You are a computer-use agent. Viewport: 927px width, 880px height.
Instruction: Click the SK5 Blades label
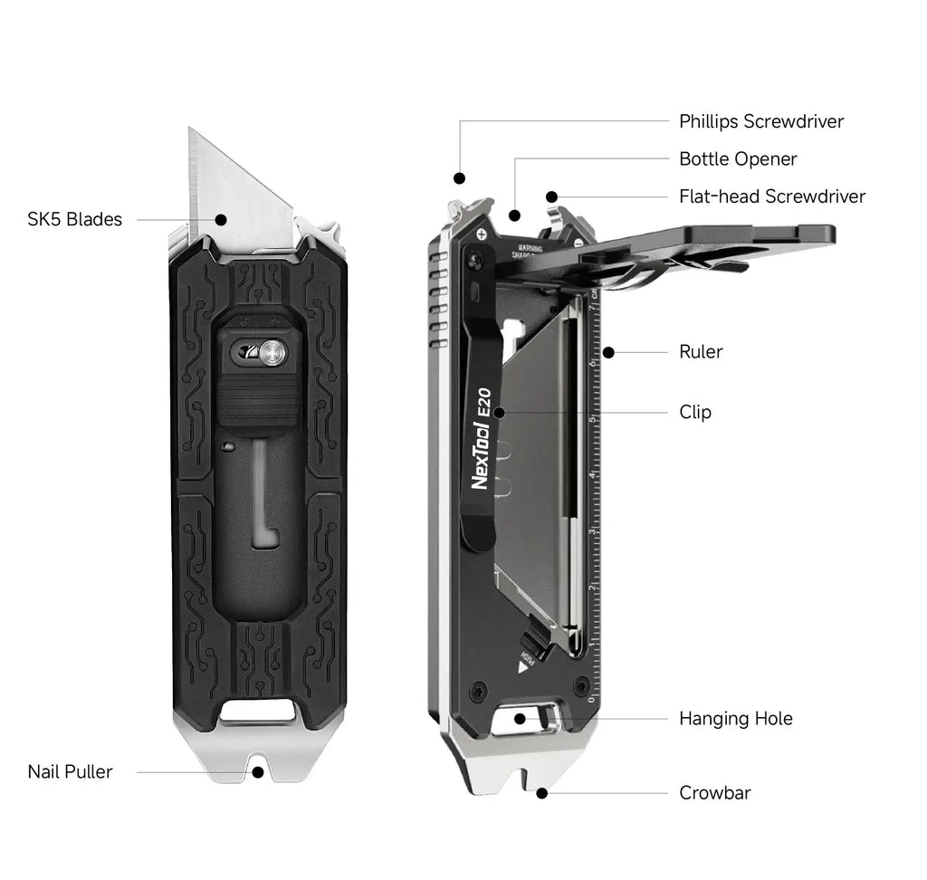[74, 219]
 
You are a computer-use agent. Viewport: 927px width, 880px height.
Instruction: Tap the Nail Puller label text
[70, 771]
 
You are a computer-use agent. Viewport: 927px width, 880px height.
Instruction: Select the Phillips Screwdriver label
[761, 121]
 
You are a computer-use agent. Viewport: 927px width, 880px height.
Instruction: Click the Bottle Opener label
[738, 159]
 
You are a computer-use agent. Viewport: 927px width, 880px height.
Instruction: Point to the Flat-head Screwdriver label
[772, 196]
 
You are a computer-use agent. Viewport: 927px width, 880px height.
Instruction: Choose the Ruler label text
[701, 351]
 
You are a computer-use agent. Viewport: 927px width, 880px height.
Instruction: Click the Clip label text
[695, 412]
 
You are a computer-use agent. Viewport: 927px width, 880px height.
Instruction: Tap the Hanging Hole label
[736, 719]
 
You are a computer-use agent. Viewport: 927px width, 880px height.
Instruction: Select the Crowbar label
[715, 793]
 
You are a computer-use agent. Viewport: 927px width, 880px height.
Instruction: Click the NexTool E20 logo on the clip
[481, 440]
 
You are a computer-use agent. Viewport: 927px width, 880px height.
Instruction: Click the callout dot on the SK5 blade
[221, 218]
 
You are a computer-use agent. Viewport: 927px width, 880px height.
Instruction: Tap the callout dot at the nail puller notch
[258, 772]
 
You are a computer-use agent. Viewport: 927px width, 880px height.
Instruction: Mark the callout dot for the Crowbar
[541, 793]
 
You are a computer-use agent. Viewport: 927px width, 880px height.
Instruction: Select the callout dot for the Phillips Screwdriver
[459, 178]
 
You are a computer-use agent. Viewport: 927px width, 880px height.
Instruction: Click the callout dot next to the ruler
[608, 351]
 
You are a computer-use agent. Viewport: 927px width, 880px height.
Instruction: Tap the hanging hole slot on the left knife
[258, 712]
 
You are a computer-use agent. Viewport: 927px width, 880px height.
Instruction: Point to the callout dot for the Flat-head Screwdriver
[551, 196]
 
